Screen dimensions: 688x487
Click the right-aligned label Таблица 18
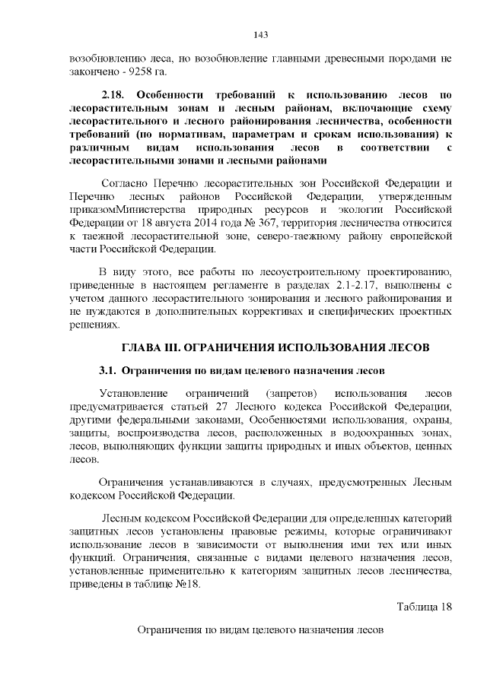coord(425,606)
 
